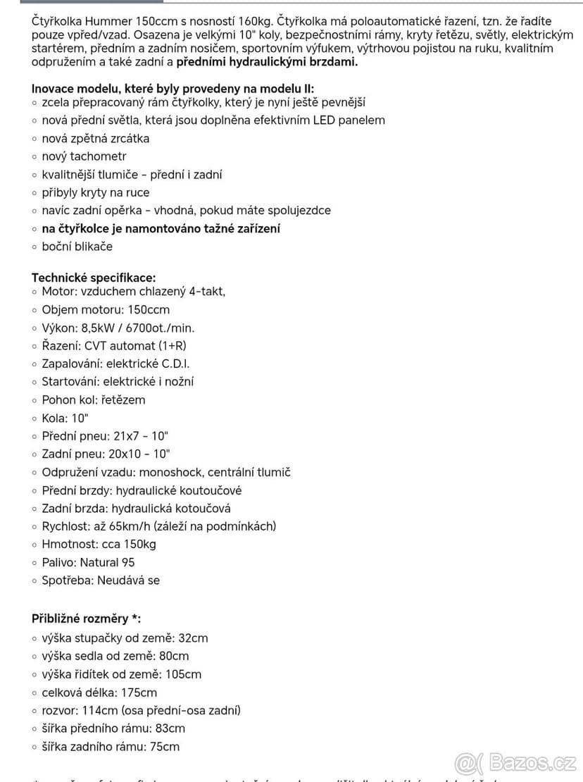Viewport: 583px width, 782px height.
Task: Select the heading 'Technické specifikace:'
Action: pyautogui.click(x=94, y=278)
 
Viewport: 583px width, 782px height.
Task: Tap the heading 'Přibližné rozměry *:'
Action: pyautogui.click(x=86, y=619)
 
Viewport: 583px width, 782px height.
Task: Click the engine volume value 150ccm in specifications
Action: pyautogui.click(x=153, y=310)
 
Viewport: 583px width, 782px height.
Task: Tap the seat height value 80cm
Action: pyautogui.click(x=173, y=656)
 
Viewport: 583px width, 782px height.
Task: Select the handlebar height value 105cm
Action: pyautogui.click(x=183, y=674)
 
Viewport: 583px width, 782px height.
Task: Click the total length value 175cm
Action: pyautogui.click(x=139, y=693)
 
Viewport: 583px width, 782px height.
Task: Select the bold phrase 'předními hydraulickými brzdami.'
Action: pyautogui.click(x=267, y=62)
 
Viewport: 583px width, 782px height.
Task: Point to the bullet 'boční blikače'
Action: pyautogui.click(x=77, y=247)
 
